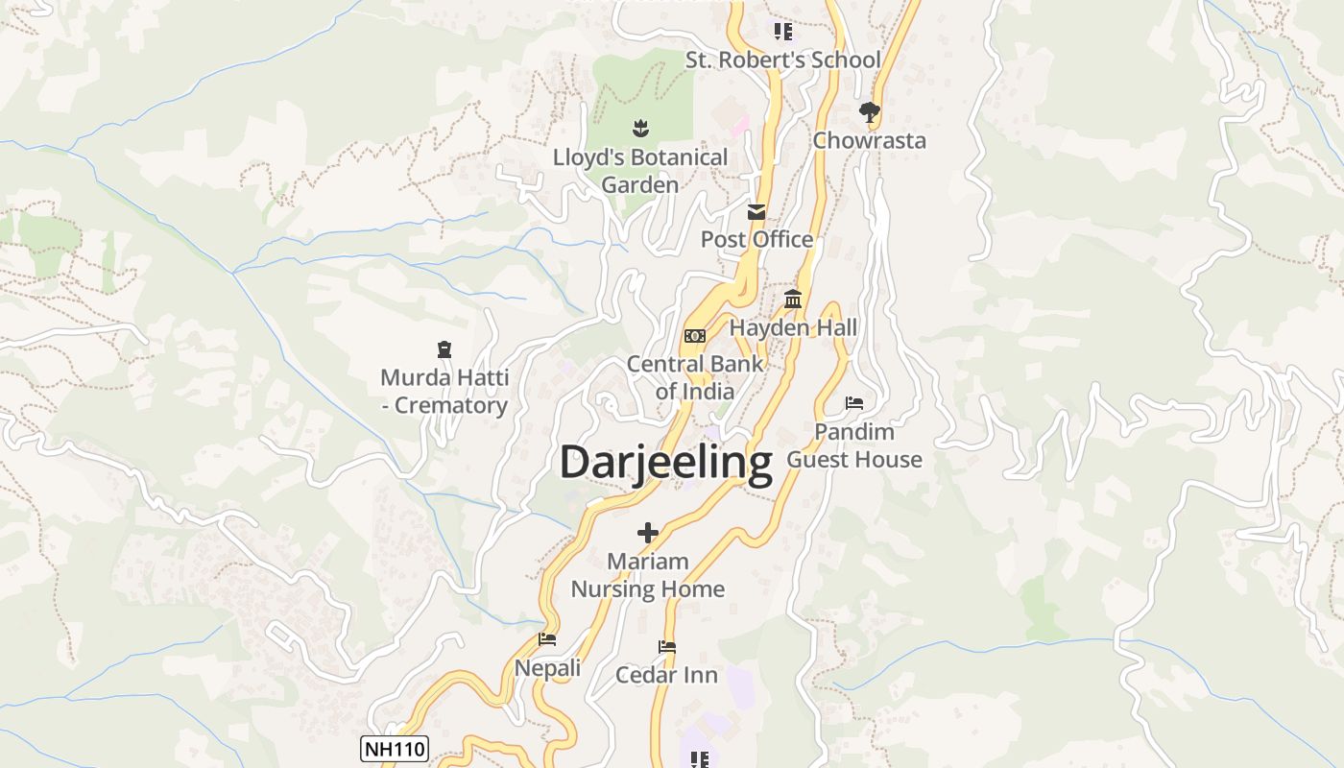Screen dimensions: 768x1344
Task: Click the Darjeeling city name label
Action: pos(665,463)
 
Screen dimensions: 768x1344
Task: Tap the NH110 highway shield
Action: pos(394,749)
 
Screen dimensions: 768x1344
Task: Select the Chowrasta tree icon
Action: pos(870,112)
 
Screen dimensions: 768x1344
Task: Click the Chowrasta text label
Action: pos(870,141)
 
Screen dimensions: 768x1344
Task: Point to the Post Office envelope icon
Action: pos(757,212)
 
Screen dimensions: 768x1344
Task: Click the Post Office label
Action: pos(757,240)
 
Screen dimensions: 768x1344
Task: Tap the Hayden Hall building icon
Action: pos(793,300)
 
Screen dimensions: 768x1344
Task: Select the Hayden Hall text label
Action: pos(793,328)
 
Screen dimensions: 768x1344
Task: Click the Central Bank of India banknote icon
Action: pos(695,336)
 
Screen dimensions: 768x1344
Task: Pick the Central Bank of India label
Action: pos(695,378)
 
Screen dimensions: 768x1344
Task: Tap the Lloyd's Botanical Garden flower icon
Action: pos(640,128)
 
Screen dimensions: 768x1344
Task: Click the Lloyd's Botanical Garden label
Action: pos(640,171)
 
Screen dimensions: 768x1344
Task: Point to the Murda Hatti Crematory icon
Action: pos(444,349)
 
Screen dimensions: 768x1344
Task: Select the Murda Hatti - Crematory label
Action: pos(444,392)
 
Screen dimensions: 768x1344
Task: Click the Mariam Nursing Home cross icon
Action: pos(648,533)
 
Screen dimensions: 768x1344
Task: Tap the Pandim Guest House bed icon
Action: pos(854,403)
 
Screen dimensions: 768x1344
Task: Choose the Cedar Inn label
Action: pos(666,676)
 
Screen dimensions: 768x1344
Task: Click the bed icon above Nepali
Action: pos(547,639)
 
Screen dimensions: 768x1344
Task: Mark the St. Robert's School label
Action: pos(782,60)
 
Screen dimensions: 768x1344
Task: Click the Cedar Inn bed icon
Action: pos(667,647)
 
